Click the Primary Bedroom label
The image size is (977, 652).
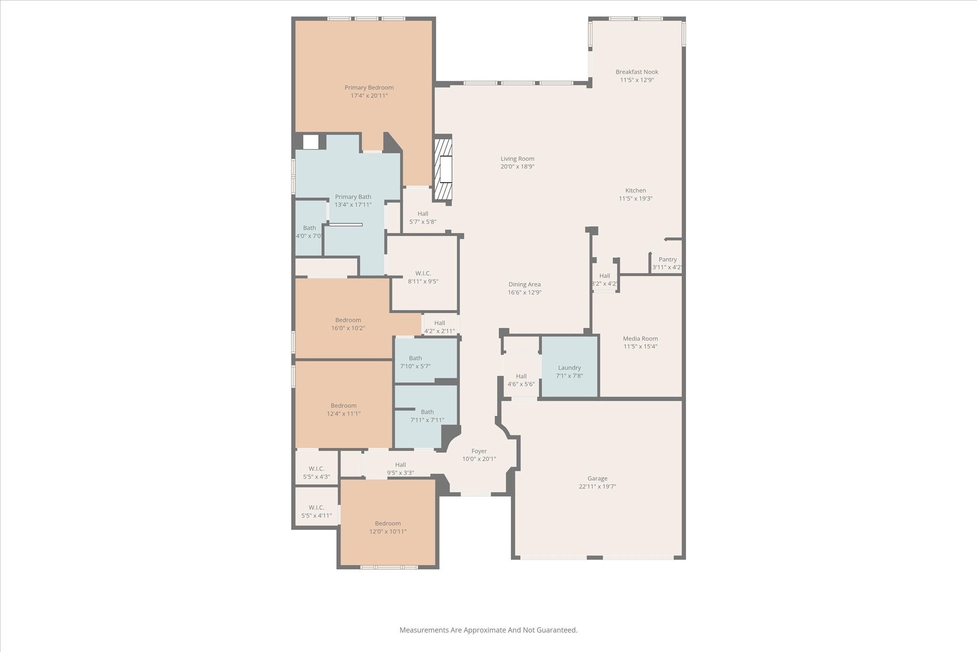coord(369,88)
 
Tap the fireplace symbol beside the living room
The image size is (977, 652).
coord(443,169)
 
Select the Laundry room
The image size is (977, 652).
coord(569,368)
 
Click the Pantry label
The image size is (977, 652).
coord(667,260)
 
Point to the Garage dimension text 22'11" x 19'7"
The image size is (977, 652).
coord(597,487)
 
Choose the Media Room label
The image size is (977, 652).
coord(640,339)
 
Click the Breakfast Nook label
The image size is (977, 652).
coord(637,72)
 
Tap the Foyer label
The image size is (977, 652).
coord(479,451)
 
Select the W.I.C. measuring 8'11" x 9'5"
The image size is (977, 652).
coord(423,277)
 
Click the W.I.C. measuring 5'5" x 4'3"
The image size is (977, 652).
coord(316,473)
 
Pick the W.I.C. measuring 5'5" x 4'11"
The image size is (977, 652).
coord(316,511)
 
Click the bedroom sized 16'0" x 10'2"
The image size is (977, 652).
coord(348,324)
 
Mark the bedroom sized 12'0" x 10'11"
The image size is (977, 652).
coord(387,527)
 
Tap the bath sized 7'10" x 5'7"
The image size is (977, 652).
coord(415,362)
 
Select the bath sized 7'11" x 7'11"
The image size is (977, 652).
coord(427,416)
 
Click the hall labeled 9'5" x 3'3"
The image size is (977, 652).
coord(400,469)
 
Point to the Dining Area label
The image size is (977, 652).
coord(524,284)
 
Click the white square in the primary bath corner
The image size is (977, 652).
coord(311,142)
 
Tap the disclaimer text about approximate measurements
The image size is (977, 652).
coord(488,630)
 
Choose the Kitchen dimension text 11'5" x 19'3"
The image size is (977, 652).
coord(635,199)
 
